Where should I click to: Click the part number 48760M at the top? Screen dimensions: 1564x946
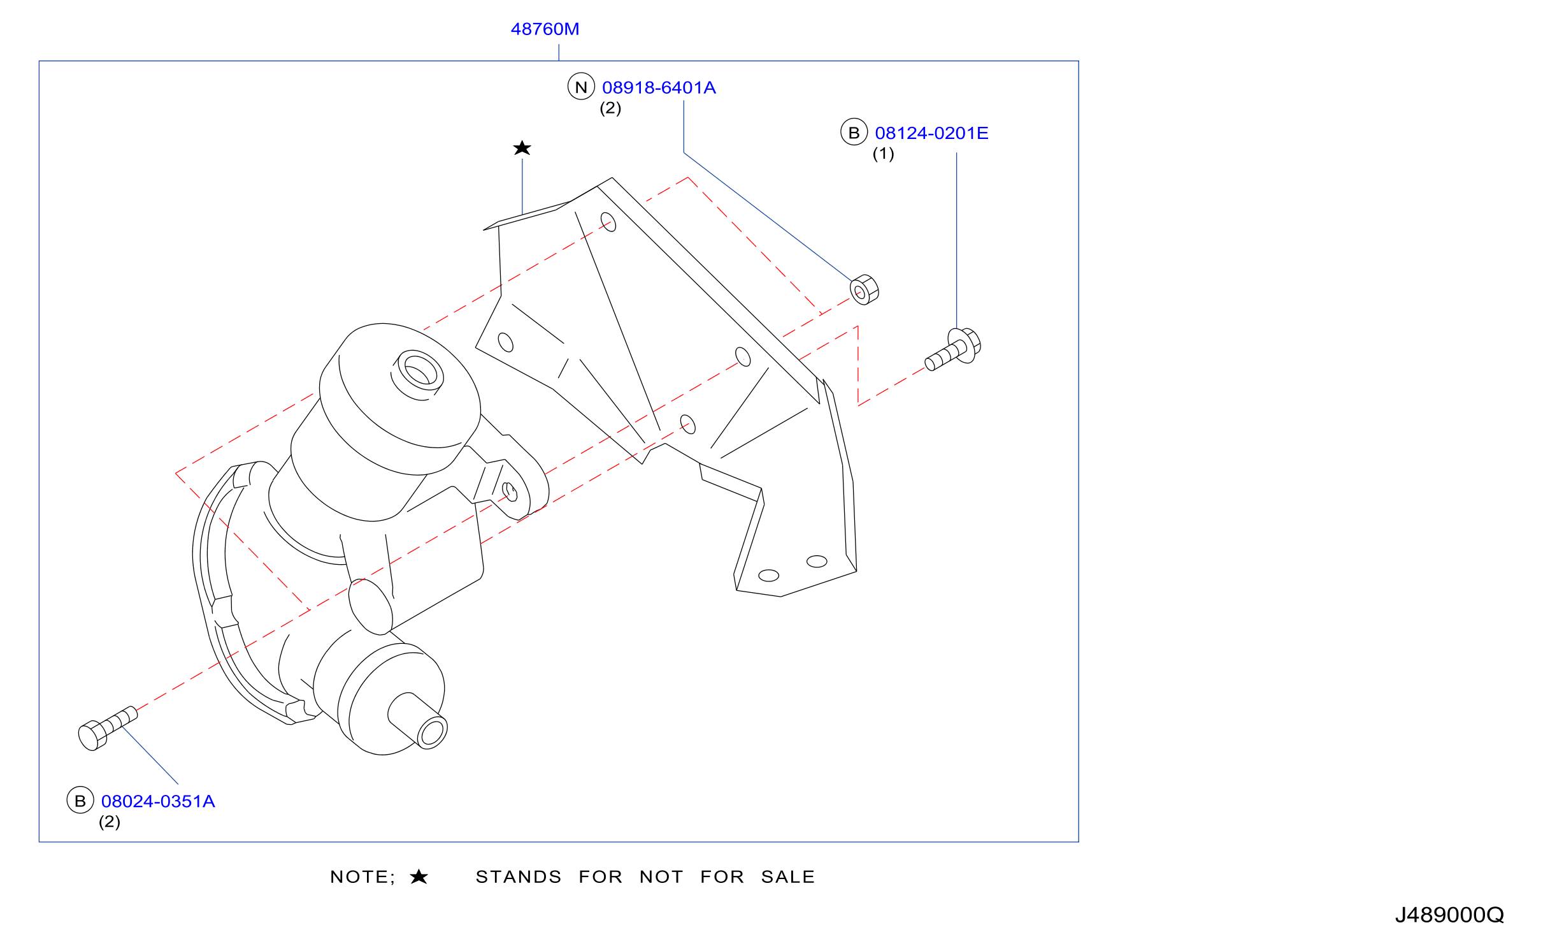(x=545, y=29)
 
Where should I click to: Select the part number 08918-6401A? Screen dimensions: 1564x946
(x=659, y=88)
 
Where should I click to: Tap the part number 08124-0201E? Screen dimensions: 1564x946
(x=931, y=133)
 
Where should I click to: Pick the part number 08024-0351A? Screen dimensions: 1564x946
(x=158, y=801)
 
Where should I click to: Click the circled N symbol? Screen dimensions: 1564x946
(x=581, y=87)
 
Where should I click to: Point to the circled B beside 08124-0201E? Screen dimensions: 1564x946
(x=854, y=132)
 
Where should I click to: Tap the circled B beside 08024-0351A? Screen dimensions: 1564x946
(x=80, y=801)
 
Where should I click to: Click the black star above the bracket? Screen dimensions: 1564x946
(x=522, y=148)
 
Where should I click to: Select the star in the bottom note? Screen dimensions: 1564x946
(x=419, y=877)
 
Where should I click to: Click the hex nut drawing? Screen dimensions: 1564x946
(x=865, y=290)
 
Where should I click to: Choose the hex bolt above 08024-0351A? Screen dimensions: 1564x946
(x=107, y=728)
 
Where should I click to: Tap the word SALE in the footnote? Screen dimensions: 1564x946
(x=788, y=877)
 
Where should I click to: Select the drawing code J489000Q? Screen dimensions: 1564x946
(x=1449, y=915)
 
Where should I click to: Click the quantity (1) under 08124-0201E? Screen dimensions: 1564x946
(x=883, y=154)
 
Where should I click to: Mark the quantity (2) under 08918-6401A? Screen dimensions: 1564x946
(x=610, y=108)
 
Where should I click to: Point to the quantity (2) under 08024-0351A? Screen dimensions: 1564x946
(x=110, y=822)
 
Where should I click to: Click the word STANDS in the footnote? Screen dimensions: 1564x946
(x=519, y=877)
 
